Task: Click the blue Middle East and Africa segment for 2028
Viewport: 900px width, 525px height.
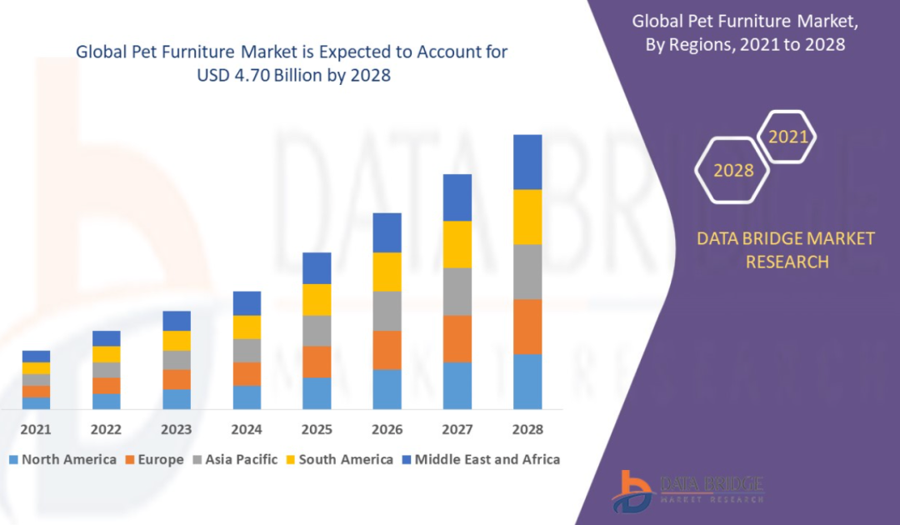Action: click(527, 162)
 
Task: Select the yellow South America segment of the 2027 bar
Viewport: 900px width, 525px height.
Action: click(457, 244)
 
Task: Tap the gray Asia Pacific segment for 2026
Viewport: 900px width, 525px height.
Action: click(387, 311)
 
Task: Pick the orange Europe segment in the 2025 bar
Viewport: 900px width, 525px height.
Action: click(317, 362)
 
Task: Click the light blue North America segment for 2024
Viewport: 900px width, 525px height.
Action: click(247, 397)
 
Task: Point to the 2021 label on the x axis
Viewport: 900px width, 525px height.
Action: click(36, 430)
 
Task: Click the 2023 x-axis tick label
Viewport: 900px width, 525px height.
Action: click(177, 430)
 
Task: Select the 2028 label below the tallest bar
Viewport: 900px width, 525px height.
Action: click(527, 430)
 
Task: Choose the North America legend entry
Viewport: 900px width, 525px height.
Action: click(62, 459)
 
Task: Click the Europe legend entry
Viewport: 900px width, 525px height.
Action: click(155, 459)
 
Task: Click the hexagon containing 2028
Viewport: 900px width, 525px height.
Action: click(734, 171)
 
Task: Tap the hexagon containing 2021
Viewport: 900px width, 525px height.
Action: click(787, 137)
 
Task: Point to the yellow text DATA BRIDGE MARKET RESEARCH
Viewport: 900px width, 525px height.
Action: click(786, 250)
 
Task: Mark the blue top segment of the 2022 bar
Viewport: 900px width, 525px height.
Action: click(106, 337)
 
